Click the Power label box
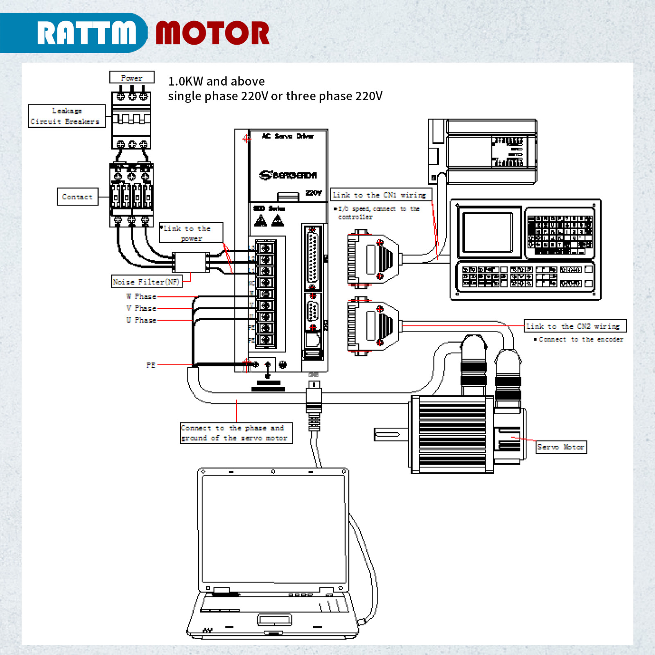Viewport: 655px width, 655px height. tap(132, 77)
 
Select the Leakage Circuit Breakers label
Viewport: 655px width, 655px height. tap(66, 116)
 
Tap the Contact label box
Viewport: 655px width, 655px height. tap(77, 197)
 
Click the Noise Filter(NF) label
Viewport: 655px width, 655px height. tap(147, 282)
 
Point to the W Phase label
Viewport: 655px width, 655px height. tap(141, 296)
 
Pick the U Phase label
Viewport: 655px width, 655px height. tap(141, 320)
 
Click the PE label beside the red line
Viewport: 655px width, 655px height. tap(151, 365)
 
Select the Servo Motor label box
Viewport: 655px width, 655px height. tap(561, 447)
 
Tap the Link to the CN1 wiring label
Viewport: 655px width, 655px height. tap(380, 195)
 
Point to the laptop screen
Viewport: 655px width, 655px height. tap(273, 528)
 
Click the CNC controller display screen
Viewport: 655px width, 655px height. tap(487, 232)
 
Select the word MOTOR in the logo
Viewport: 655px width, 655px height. tap(212, 33)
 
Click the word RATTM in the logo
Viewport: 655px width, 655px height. tap(87, 33)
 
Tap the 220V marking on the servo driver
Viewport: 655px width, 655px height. tap(314, 193)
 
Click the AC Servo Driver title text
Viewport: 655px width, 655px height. tap(288, 136)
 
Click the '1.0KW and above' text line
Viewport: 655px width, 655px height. tap(216, 81)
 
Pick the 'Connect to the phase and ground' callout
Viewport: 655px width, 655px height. tap(236, 433)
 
